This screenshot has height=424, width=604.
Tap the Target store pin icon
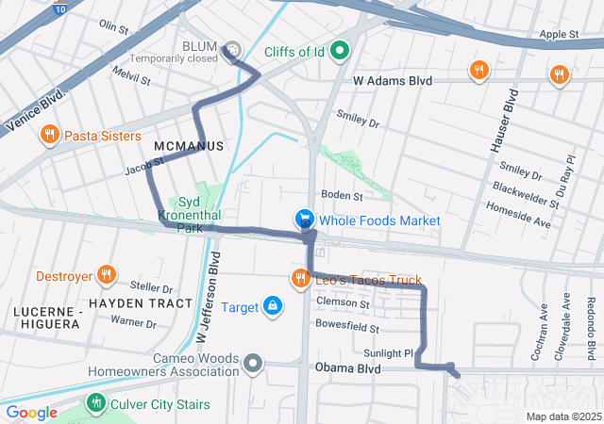272,306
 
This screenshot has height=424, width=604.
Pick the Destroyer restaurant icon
109,277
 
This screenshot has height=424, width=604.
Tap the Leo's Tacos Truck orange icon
300,278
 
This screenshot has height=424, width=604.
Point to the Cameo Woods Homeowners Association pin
252,363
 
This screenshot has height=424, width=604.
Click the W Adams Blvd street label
393,82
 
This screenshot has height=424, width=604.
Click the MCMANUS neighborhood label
189,146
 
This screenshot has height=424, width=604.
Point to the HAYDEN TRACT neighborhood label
141,303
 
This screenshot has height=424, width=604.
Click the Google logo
31,412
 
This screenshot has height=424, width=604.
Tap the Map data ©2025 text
562,416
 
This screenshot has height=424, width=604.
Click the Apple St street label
560,35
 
